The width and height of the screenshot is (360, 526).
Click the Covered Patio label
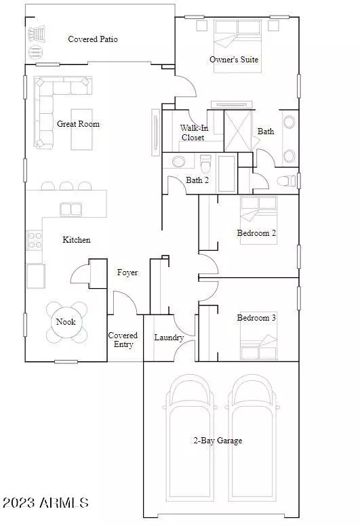(93, 39)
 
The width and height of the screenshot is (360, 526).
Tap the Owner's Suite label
(234, 60)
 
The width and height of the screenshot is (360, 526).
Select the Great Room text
(78, 124)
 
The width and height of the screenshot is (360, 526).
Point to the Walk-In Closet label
(194, 132)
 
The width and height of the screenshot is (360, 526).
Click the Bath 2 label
(197, 180)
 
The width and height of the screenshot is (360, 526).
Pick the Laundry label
(169, 338)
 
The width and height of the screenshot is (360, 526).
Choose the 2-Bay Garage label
(218, 441)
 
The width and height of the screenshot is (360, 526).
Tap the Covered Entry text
(123, 340)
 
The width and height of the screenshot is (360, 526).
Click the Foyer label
(127, 272)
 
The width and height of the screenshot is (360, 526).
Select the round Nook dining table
(66, 322)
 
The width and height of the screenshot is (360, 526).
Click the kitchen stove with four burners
(35, 240)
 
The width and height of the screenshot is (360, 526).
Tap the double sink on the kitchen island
(71, 209)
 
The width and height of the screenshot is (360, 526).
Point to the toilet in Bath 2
(205, 163)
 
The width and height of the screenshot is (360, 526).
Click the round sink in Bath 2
(178, 162)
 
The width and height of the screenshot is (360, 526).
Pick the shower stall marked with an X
(237, 131)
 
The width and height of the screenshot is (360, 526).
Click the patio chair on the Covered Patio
(37, 34)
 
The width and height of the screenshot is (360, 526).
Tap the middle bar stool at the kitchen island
(66, 186)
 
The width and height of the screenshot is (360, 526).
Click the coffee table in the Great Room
(81, 129)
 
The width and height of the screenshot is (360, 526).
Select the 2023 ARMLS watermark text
(46, 502)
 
